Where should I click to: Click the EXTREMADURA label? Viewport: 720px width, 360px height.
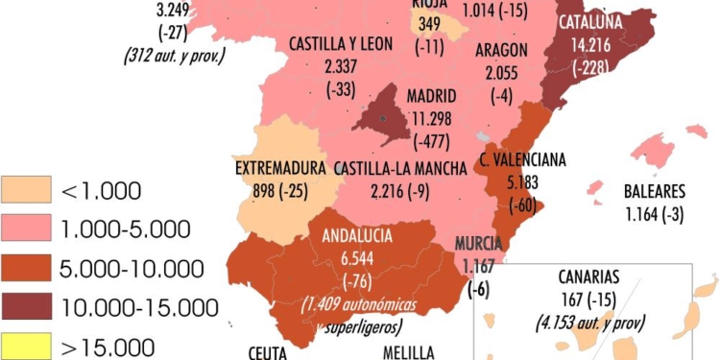coord(279,167)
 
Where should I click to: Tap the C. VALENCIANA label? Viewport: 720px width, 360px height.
coord(522,159)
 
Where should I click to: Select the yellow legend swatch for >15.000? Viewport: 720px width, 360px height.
coord(28,343)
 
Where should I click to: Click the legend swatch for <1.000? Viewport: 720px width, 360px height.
coord(28,190)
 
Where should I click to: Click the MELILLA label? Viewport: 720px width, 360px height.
coord(407,351)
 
